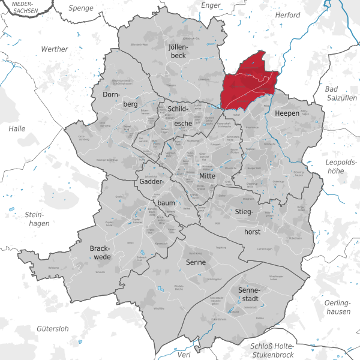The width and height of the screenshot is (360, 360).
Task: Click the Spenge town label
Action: [80, 8]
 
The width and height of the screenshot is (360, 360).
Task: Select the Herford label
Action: [286, 14]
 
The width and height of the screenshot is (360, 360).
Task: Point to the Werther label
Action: [55, 49]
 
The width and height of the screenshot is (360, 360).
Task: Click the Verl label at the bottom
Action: [185, 355]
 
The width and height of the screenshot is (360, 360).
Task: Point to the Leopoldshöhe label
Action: [341, 168]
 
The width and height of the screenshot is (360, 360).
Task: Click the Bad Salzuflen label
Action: [341, 94]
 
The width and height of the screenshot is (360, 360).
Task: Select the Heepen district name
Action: [287, 113]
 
